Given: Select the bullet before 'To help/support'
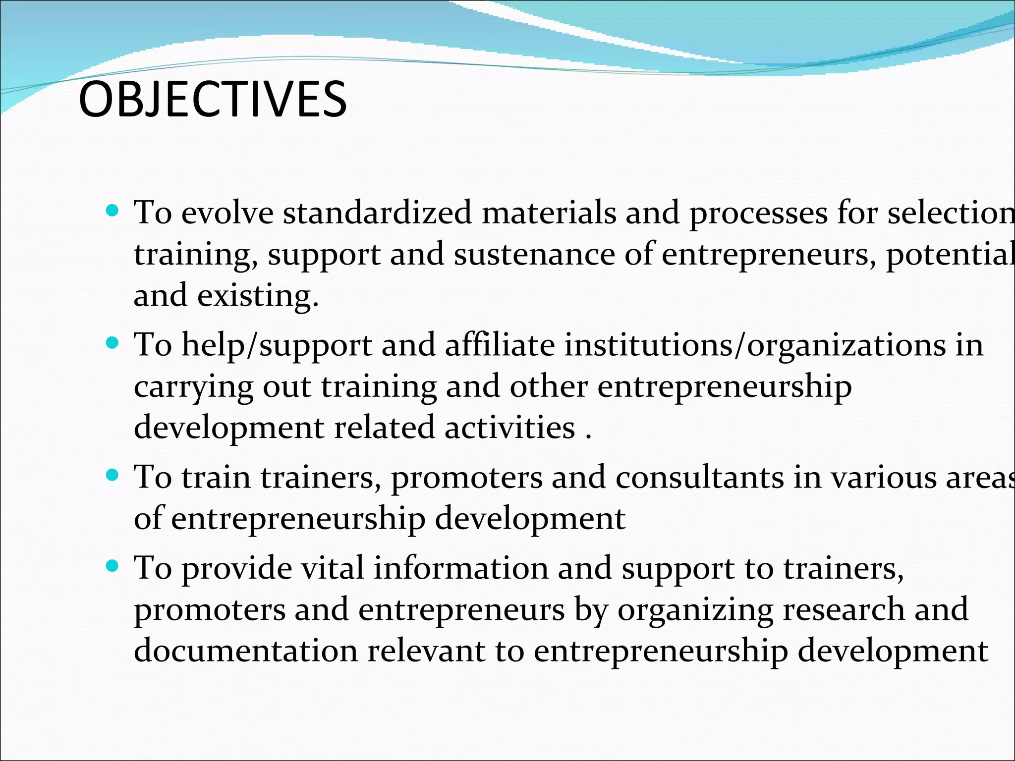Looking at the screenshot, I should pos(113,343).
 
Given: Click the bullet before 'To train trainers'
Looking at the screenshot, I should pos(113,476).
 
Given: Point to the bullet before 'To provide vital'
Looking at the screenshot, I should pos(113,566).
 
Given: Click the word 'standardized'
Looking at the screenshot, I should pos(377,213).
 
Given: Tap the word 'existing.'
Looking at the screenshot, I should pos(258,296).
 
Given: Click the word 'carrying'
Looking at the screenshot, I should pos(193,387).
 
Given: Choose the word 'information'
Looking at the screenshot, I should pos(461,568).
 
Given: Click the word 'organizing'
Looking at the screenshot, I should pos(695,610).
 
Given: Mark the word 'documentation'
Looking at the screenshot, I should pos(246,651).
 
